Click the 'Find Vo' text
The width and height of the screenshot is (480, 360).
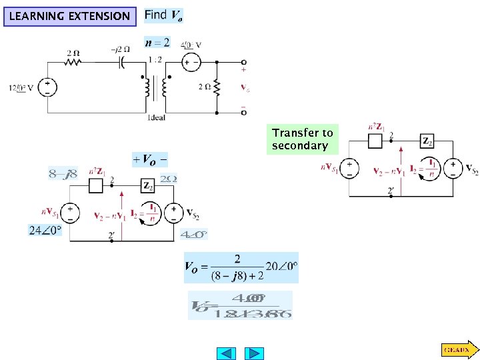click(163, 15)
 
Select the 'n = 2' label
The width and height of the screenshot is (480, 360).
click(157, 43)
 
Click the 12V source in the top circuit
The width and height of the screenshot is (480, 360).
click(48, 87)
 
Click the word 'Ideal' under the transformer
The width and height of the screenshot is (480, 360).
click(156, 118)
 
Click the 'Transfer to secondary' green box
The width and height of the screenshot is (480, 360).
click(302, 139)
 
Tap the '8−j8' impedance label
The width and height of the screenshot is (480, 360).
click(64, 174)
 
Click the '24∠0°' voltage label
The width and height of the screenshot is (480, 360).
click(44, 231)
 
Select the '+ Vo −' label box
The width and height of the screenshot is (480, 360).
click(150, 159)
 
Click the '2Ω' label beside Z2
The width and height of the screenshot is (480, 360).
click(169, 179)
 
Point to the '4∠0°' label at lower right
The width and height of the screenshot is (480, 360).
click(194, 235)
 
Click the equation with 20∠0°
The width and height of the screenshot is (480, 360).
click(241, 267)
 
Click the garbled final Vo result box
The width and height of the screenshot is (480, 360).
click(240, 305)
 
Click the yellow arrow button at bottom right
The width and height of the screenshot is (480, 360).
click(458, 349)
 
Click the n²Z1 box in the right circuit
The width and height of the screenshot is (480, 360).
click(375, 141)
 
